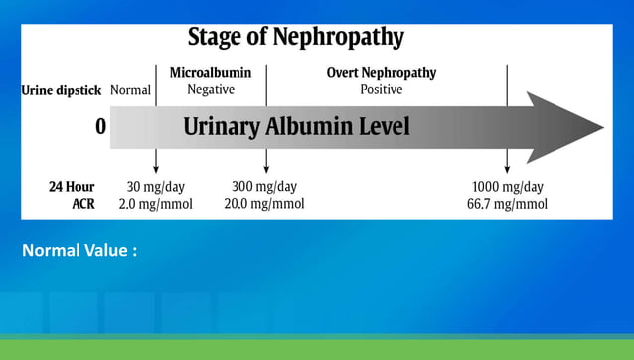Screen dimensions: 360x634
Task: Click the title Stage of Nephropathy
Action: click(x=296, y=38)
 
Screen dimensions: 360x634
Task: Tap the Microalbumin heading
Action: click(x=211, y=73)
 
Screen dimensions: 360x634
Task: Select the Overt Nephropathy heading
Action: click(x=382, y=73)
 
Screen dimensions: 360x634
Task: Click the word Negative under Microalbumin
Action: click(x=211, y=90)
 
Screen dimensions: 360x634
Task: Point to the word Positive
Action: click(x=382, y=90)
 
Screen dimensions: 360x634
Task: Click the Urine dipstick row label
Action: click(x=62, y=90)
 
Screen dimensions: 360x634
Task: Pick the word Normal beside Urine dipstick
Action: click(x=130, y=90)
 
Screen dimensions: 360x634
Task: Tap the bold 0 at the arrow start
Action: click(x=100, y=127)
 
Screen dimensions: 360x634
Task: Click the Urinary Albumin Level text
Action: click(x=296, y=127)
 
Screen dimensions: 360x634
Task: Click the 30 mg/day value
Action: click(x=156, y=186)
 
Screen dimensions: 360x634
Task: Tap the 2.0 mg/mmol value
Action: click(x=156, y=204)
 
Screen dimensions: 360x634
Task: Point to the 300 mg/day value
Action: click(x=264, y=186)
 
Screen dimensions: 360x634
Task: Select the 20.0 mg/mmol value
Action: click(x=264, y=204)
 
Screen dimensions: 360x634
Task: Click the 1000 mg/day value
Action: click(x=507, y=186)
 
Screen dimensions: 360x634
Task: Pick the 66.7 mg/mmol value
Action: click(x=507, y=204)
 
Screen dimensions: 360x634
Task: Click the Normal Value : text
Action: click(x=79, y=250)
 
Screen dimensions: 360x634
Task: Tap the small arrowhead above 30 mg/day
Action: click(x=156, y=169)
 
